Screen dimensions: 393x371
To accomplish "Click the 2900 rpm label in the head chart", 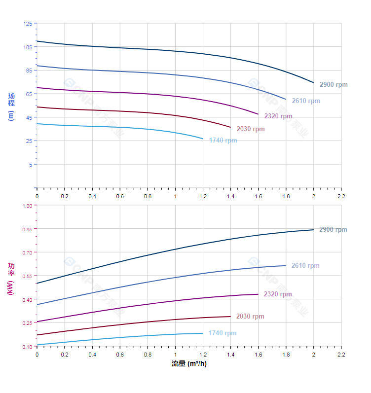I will [x=334, y=84].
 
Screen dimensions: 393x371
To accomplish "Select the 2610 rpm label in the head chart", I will [x=306, y=101].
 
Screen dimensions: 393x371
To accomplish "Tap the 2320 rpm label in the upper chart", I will [x=278, y=116].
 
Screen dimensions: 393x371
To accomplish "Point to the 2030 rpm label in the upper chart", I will [x=251, y=129].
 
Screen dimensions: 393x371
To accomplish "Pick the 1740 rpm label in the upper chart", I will [x=223, y=141].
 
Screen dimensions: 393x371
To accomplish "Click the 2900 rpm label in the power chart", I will [x=333, y=230].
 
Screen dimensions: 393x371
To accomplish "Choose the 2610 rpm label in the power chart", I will [x=305, y=266].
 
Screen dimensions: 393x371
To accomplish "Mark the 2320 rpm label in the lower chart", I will [x=278, y=294].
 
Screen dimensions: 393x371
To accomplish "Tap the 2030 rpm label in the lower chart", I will [x=250, y=317].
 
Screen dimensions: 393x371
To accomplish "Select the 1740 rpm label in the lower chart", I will [x=223, y=333].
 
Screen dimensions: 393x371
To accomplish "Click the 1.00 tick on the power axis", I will [x=27, y=206].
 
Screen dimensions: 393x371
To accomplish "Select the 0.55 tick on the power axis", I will [x=27, y=276].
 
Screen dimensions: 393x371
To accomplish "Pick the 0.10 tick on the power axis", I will [x=27, y=347].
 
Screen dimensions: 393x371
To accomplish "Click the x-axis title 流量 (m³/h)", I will [x=189, y=364].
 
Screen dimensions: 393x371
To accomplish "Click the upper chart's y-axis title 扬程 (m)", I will [x=11, y=106].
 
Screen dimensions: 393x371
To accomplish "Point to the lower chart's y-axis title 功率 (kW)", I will [x=11, y=279].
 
